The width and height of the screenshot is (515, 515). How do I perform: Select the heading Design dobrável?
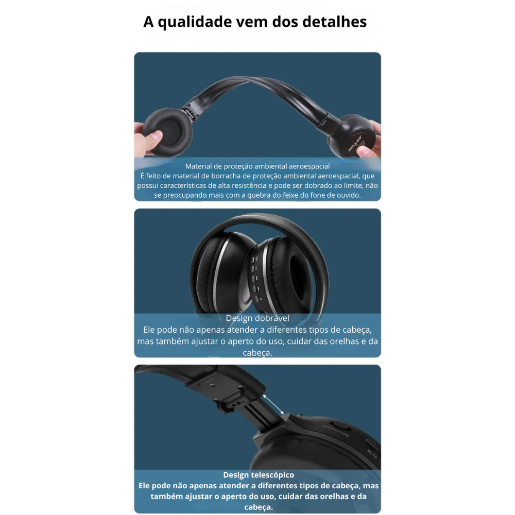(x=257, y=318)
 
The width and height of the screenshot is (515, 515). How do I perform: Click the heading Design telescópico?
(x=259, y=475)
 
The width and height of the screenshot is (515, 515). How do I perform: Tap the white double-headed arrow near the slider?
(x=273, y=405)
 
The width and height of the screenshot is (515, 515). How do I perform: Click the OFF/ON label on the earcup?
(x=336, y=431)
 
